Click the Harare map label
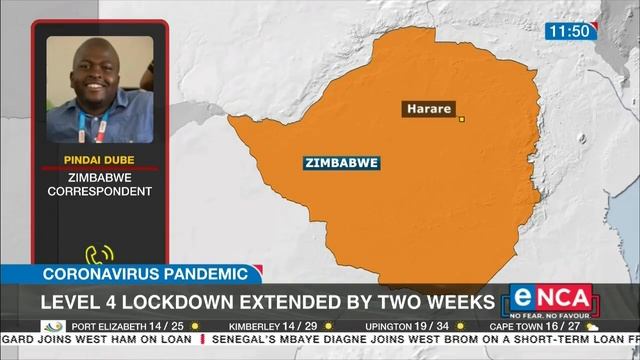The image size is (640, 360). point(429,108)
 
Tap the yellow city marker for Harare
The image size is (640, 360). point(462,120)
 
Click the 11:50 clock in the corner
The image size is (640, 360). point(568,31)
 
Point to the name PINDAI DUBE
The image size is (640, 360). point(97,158)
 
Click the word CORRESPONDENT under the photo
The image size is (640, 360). point(97,191)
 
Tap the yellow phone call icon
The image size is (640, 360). point(98,255)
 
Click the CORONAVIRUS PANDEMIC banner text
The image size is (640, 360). point(144,273)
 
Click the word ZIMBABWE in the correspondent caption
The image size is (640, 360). point(97,177)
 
